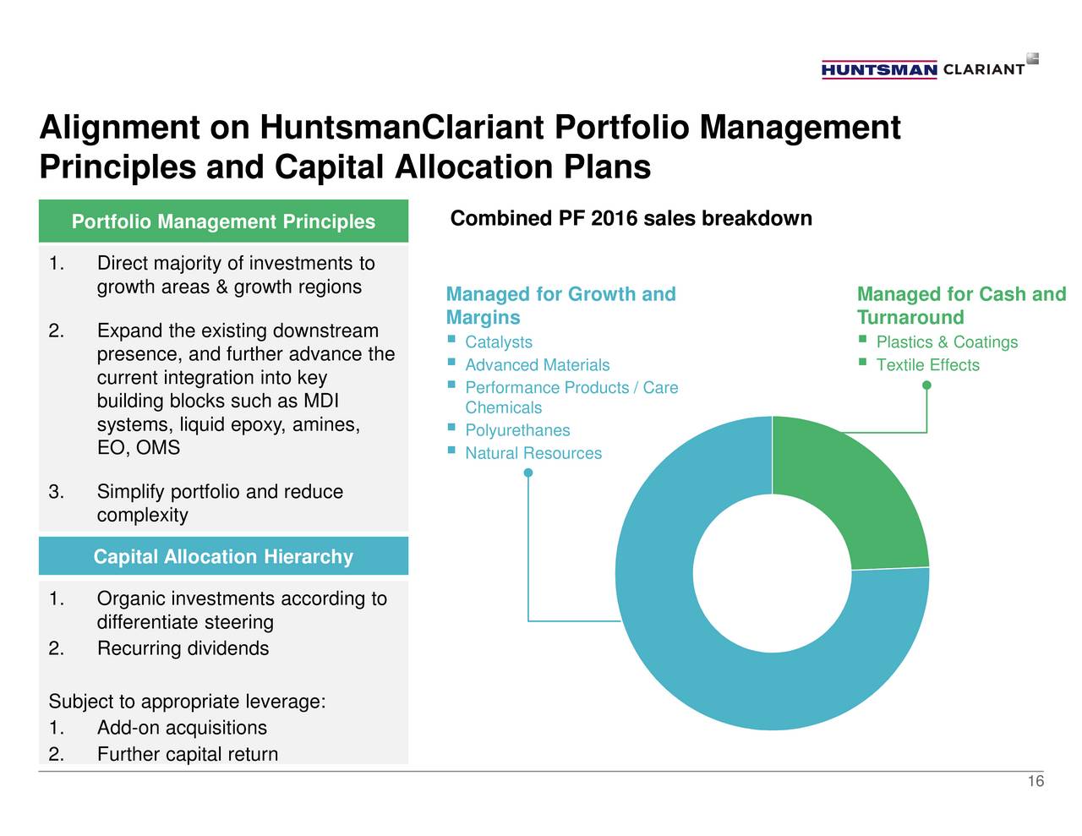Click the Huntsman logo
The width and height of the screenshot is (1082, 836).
click(878, 69)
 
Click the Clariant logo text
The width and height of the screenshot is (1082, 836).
click(983, 69)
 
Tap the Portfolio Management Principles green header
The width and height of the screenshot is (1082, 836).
click(223, 221)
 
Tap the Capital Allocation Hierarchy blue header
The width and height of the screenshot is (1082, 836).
click(223, 556)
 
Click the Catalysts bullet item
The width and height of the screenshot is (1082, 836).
click(499, 342)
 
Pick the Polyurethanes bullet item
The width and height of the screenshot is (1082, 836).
click(517, 430)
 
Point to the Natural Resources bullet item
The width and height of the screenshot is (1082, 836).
click(533, 453)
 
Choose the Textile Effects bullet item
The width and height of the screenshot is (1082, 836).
click(927, 365)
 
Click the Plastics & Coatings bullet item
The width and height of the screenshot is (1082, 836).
click(947, 342)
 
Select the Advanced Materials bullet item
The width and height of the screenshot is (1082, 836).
click(537, 365)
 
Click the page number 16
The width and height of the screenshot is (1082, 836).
click(1036, 782)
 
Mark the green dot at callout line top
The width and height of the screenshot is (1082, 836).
click(927, 385)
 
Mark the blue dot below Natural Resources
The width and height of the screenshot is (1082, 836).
click(528, 473)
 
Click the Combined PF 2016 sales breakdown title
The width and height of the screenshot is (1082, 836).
click(631, 219)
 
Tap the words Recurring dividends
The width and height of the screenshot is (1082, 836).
click(183, 648)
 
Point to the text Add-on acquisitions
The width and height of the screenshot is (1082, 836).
click(182, 728)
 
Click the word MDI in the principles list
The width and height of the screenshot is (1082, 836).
click(320, 401)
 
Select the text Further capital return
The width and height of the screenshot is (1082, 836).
click(188, 754)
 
